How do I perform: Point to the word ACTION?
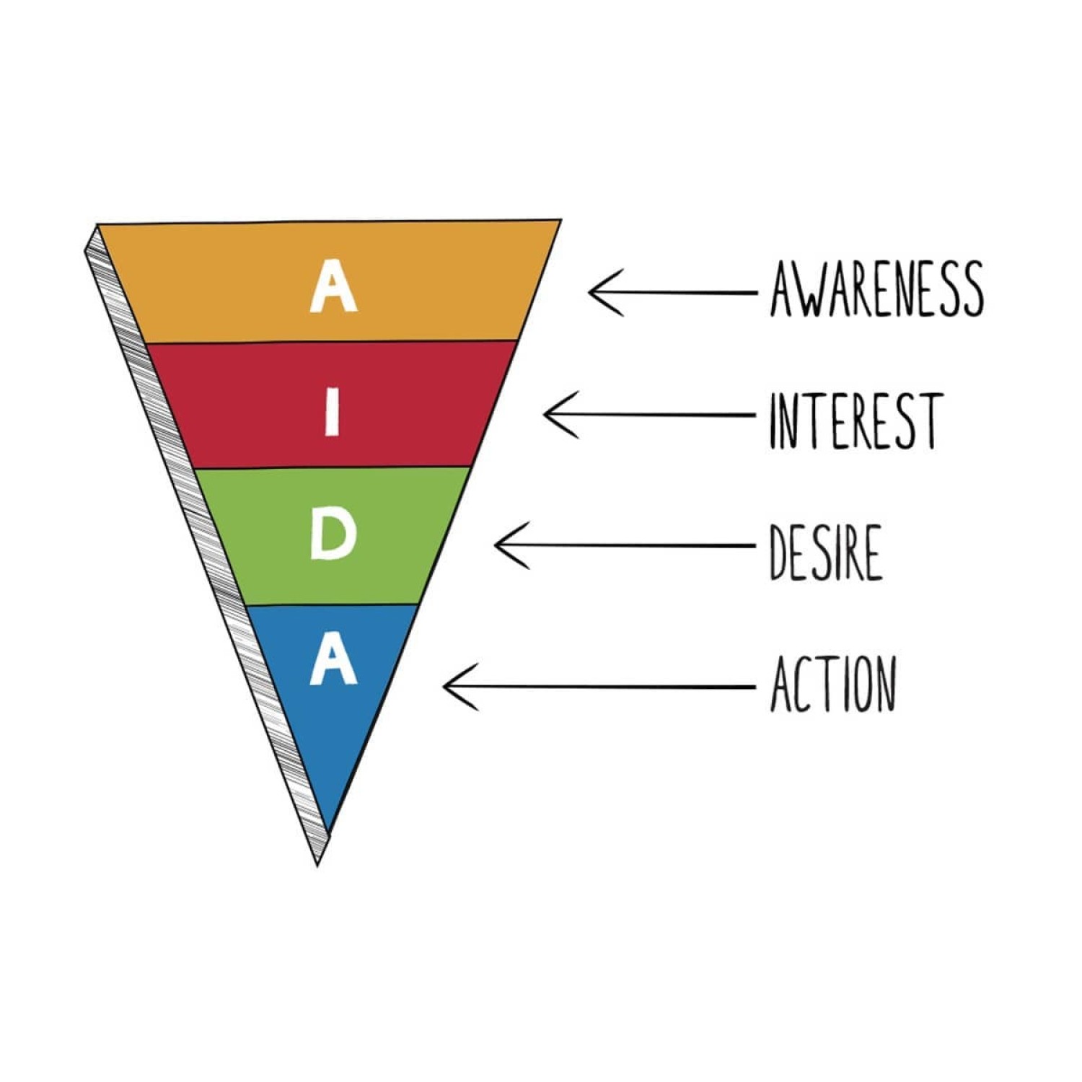click(833, 683)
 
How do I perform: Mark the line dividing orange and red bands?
click(332, 343)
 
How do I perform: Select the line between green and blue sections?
click(332, 604)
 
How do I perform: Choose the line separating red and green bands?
click(332, 467)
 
